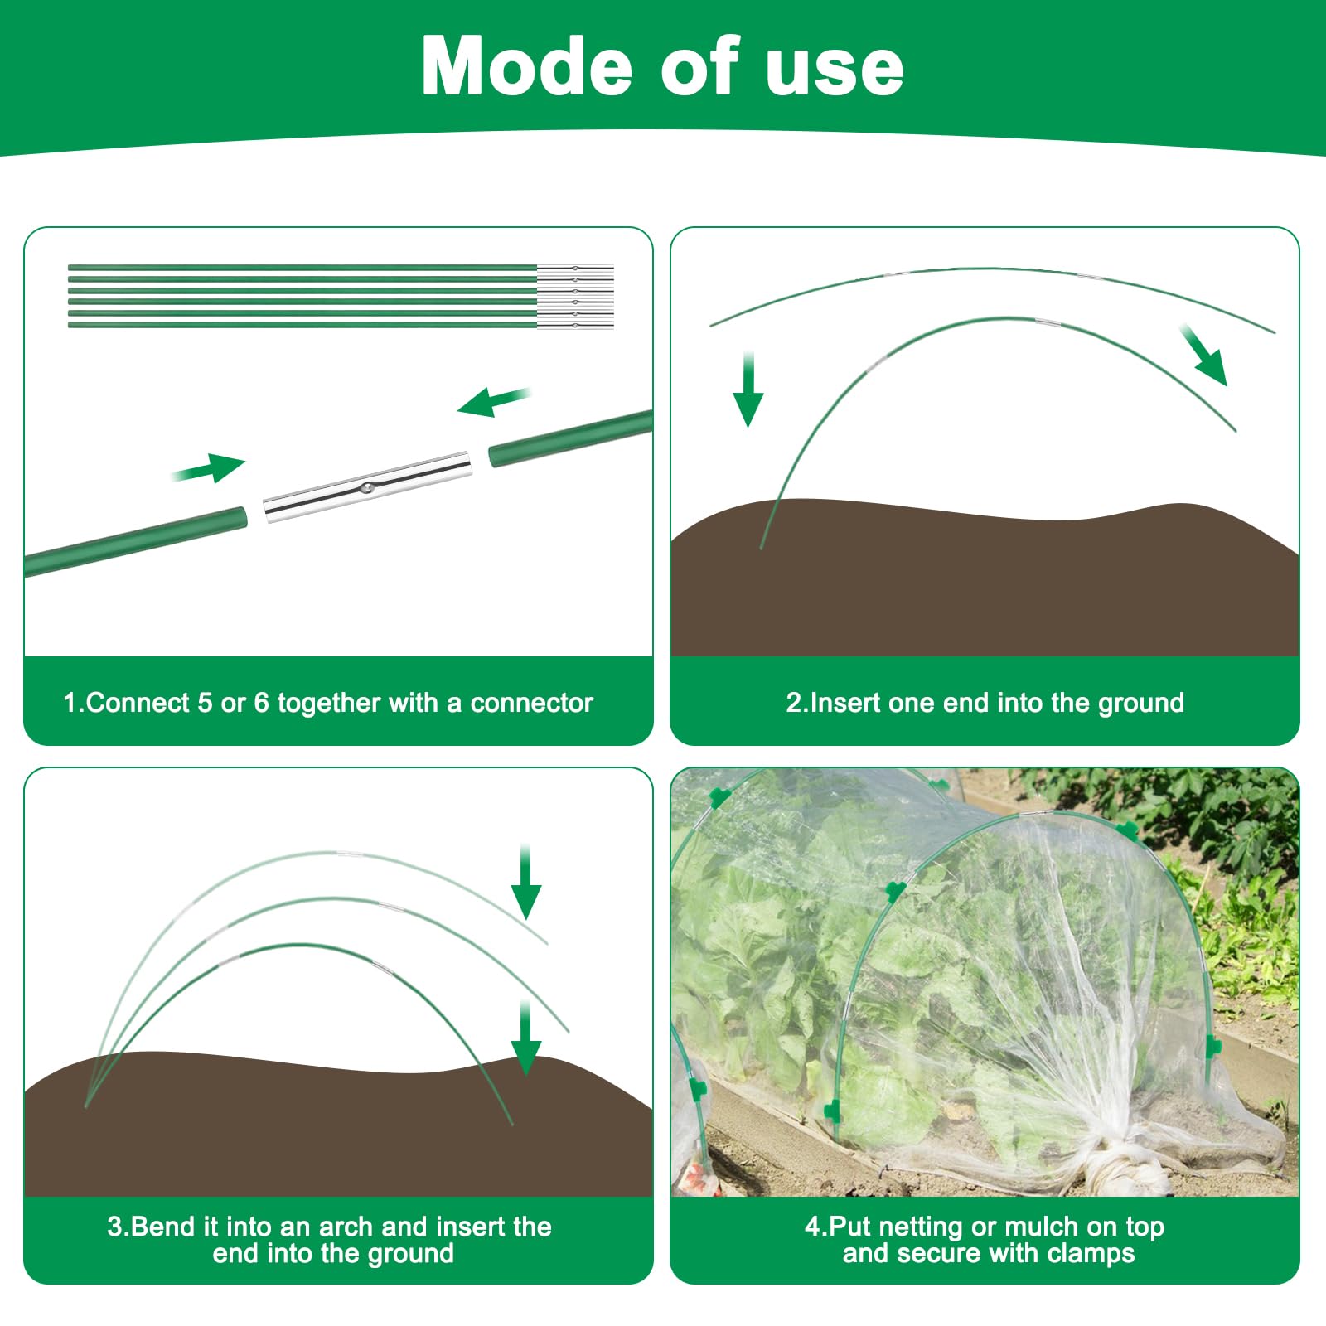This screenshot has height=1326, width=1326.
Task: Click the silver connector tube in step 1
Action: coord(367,487)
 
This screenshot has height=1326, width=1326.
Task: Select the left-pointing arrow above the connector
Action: coord(494,402)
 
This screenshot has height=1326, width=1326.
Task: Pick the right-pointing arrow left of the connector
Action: coord(209,468)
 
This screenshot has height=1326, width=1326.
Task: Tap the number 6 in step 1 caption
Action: coord(261,703)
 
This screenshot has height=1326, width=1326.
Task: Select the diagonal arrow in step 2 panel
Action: coord(1203,356)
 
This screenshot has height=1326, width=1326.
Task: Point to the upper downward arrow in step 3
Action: coord(525,882)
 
